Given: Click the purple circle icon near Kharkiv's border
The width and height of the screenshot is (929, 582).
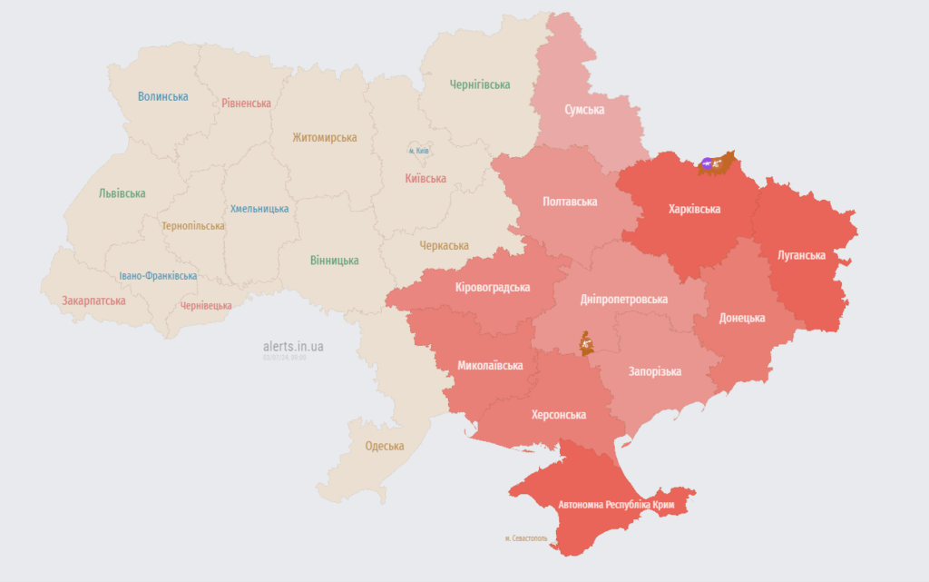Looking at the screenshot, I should point(707,164).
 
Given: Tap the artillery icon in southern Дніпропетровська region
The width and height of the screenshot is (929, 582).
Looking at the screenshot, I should point(587,343).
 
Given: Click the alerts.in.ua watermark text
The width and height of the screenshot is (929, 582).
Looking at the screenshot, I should point(293,347).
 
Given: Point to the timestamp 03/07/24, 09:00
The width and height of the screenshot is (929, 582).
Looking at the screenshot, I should point(284,358).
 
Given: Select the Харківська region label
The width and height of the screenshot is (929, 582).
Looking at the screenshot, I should point(694,210).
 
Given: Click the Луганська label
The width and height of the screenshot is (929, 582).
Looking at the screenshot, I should point(801,255).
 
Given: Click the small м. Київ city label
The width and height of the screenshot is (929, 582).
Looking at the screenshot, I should point(418,150).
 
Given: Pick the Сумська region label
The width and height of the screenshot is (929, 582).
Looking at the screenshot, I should point(584,110).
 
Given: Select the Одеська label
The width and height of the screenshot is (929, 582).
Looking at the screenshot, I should point(385,446).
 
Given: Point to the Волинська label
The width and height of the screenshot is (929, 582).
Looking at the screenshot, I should point(163,96).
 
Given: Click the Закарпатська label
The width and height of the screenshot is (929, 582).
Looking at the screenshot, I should point(93,301).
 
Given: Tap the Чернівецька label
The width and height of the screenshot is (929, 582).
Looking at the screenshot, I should point(206,306).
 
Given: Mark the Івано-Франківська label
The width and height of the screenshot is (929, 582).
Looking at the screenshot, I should point(158,276).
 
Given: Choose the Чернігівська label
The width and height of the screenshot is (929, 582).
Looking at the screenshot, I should point(480,84).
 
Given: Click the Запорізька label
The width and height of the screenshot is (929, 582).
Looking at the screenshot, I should point(654,371).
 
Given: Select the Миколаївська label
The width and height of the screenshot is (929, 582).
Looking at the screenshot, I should point(490,366).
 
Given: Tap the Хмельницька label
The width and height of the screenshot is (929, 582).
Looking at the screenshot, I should point(259,209).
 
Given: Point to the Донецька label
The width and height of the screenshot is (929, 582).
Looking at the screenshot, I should point(741,318).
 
